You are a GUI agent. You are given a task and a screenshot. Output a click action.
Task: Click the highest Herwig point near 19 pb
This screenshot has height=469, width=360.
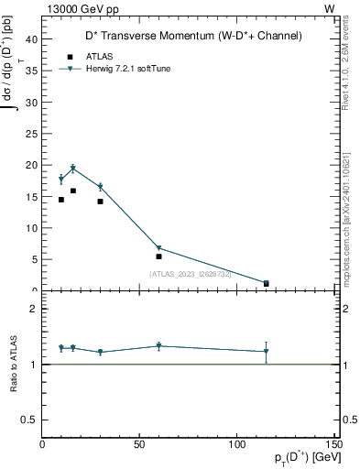coord(73,169)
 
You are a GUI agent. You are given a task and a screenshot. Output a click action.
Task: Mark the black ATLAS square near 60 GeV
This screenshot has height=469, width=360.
coord(158,256)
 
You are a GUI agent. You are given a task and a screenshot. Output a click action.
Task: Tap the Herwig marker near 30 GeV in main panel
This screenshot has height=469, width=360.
coord(101,187)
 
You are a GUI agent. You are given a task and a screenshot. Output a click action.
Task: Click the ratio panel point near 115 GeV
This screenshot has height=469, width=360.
coord(266,351)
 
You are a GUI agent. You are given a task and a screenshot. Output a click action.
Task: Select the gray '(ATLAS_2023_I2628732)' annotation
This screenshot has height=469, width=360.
coord(191,273)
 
